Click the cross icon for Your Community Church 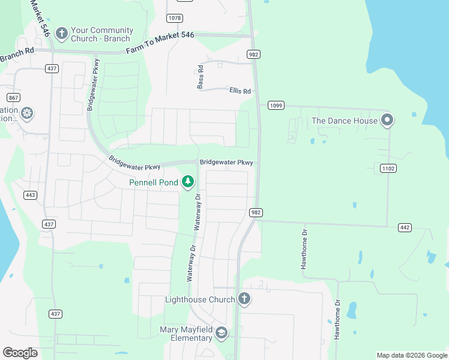61,33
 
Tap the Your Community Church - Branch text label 101,34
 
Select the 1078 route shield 175,18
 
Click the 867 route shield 13,97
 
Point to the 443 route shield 31,195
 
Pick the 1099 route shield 276,106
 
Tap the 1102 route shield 388,169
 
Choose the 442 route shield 405,227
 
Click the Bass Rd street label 201,78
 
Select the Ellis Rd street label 240,91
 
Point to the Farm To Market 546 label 160,43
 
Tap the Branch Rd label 17,56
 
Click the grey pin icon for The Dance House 388,120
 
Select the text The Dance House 345,121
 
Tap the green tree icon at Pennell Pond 188,181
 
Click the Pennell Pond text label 154,182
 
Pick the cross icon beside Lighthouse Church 244,298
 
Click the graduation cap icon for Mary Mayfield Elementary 221,334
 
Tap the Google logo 20,353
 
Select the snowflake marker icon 27,113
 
